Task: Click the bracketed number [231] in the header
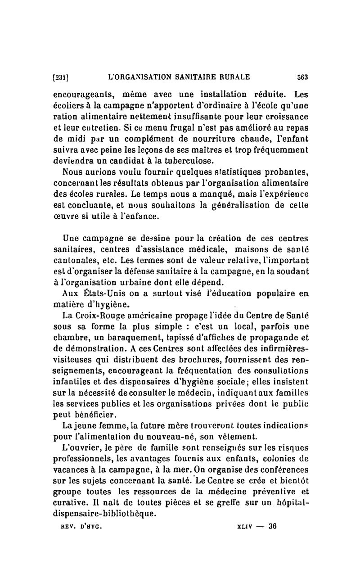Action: click(60, 77)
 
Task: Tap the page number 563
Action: click(301, 77)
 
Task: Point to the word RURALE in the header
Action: click(234, 77)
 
